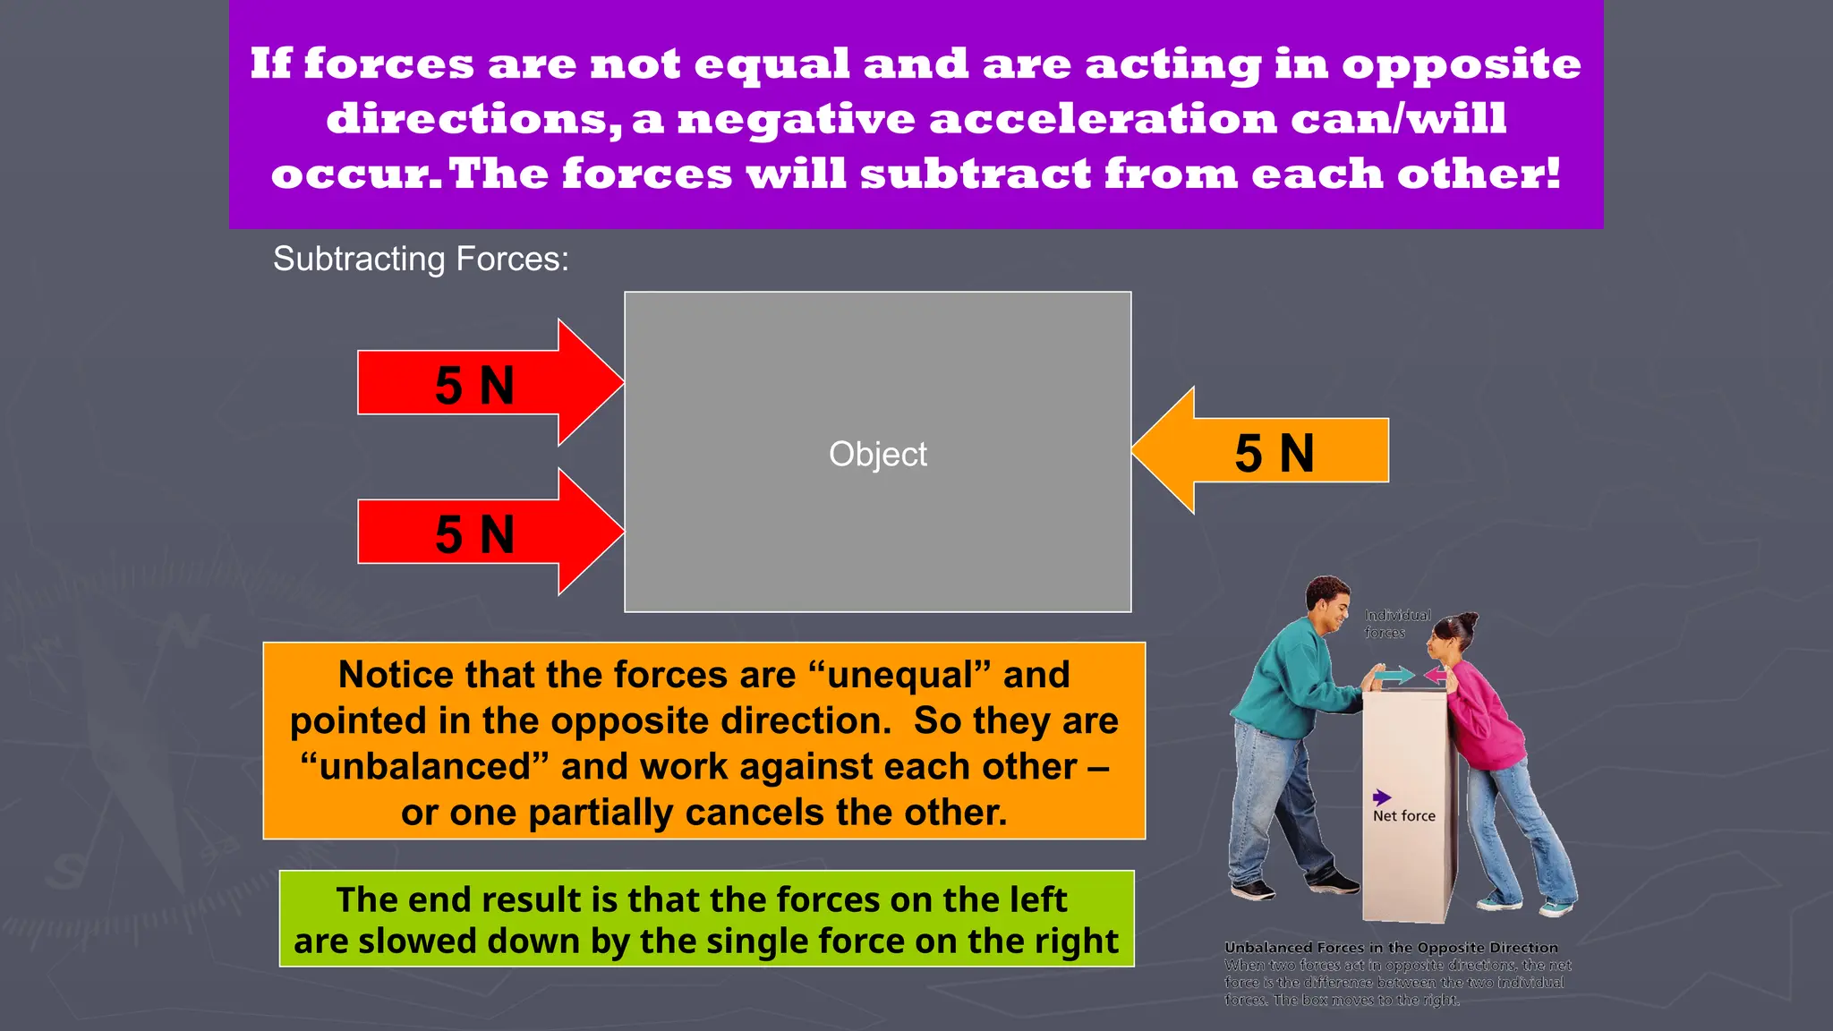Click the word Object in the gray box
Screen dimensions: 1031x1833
click(x=877, y=454)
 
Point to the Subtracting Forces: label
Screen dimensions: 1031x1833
click(x=421, y=259)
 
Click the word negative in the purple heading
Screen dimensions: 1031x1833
click(x=796, y=119)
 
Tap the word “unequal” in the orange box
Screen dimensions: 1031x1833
click(x=899, y=675)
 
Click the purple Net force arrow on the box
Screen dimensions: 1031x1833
click(x=1382, y=797)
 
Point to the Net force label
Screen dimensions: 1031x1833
click(x=1403, y=816)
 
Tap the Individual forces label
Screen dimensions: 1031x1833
click(x=1396, y=624)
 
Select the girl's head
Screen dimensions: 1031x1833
click(x=1452, y=635)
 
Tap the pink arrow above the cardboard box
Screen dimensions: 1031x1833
click(x=1436, y=675)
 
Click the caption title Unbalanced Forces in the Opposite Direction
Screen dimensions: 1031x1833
click(x=1391, y=948)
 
